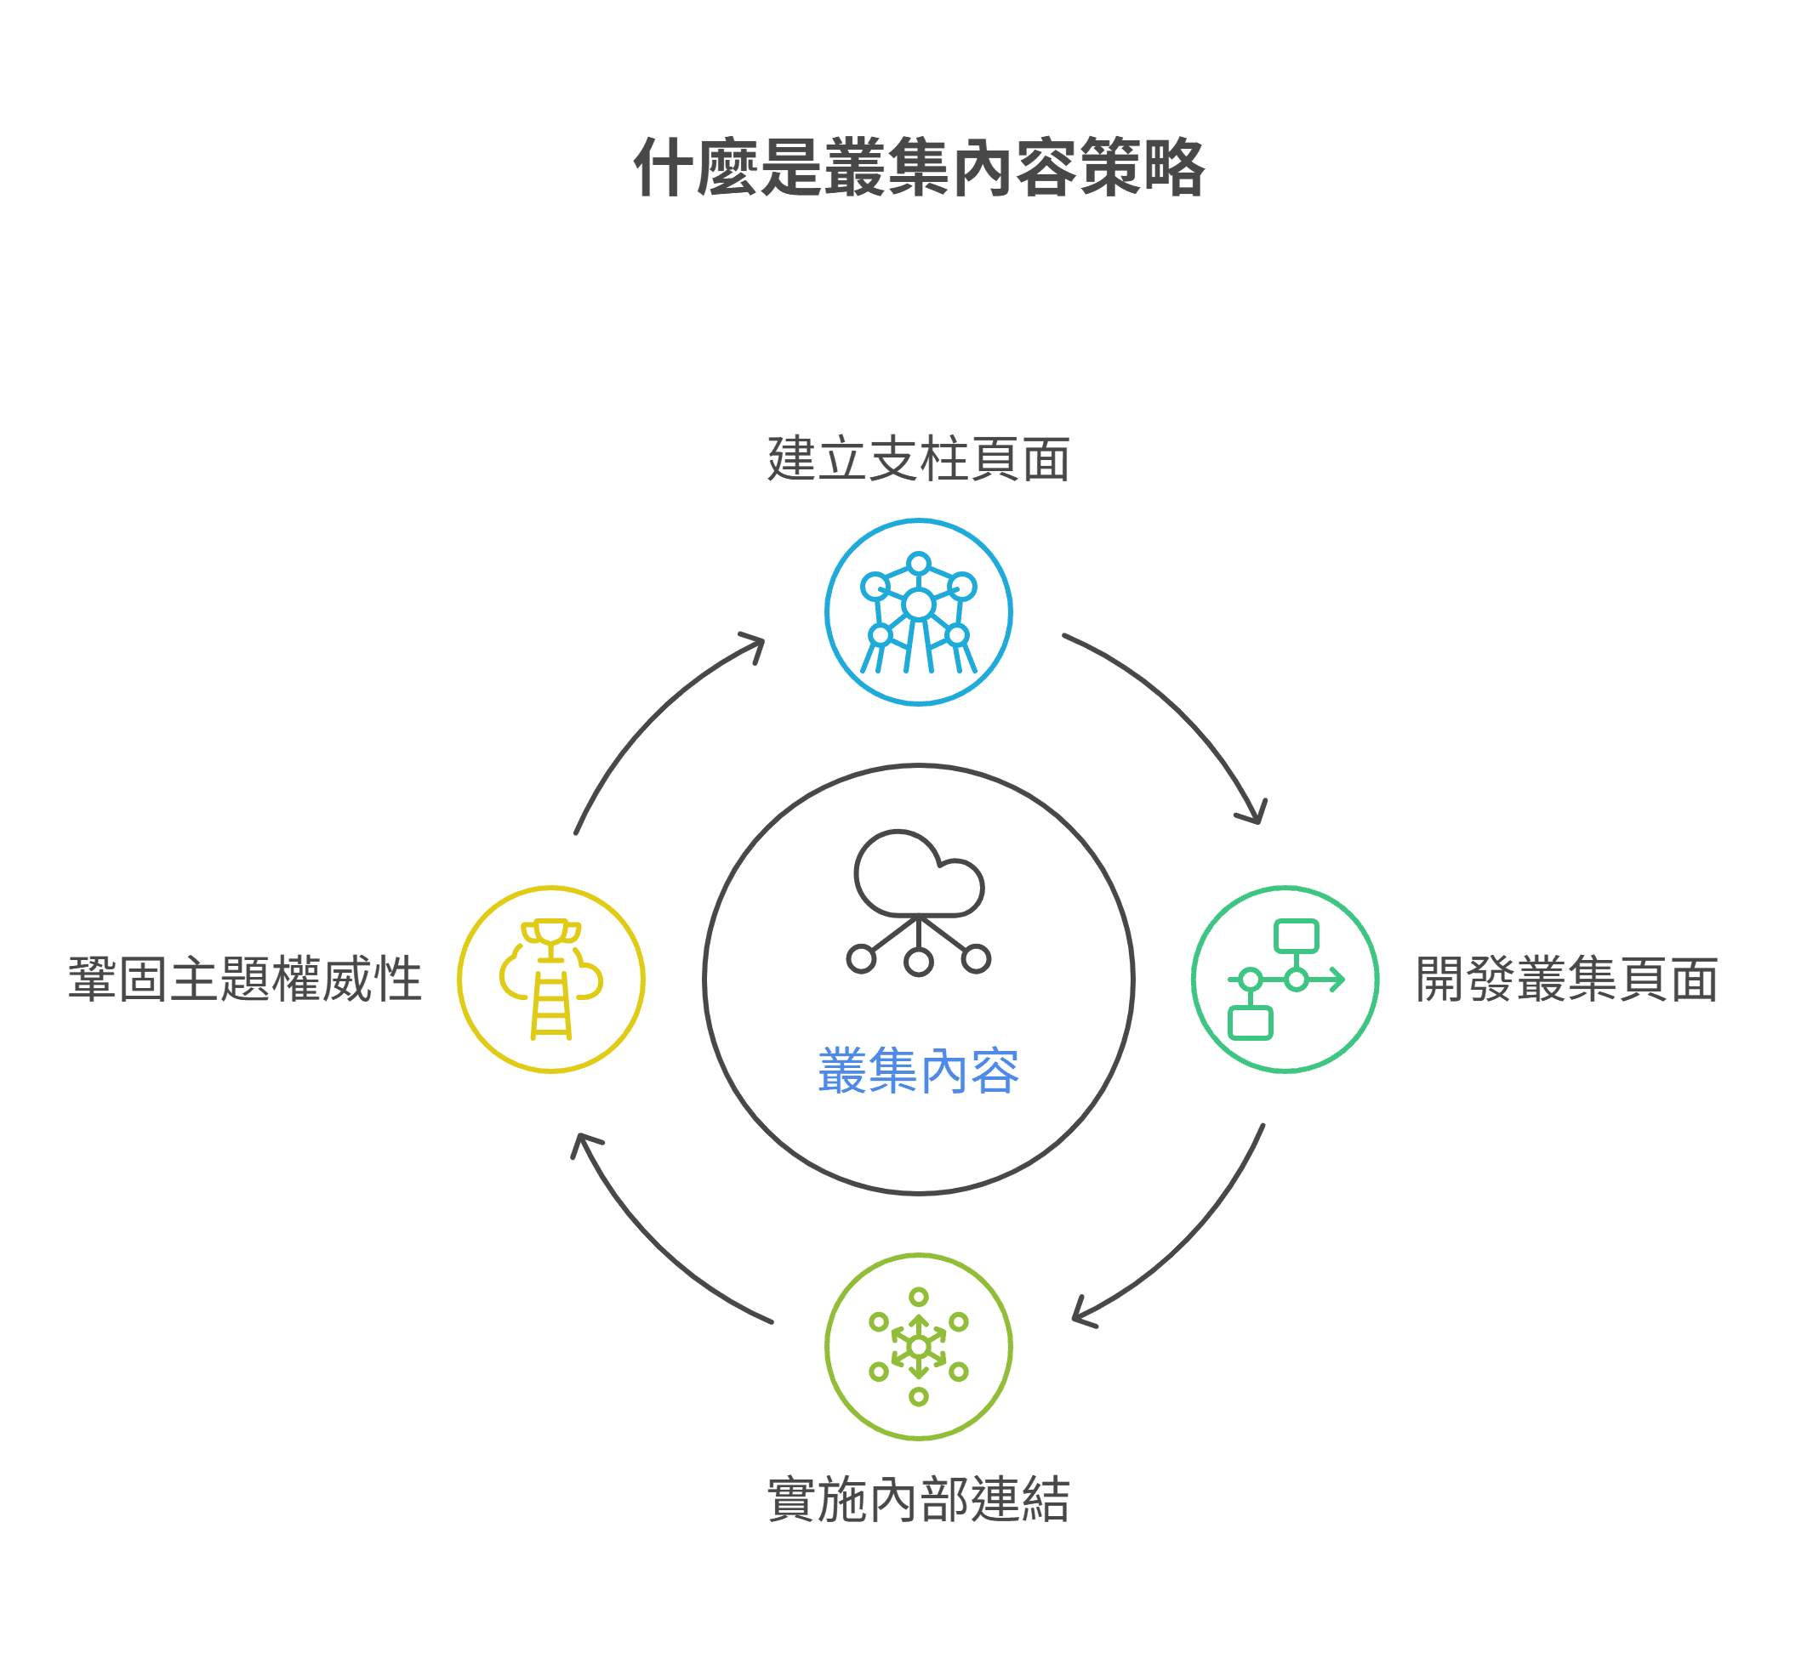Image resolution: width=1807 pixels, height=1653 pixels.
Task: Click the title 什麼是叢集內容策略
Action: (x=918, y=168)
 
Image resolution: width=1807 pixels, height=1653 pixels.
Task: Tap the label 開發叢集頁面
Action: (x=1566, y=980)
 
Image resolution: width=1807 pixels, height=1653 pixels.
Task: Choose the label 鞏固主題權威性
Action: (x=245, y=980)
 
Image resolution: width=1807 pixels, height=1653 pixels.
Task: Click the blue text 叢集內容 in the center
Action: (x=918, y=1071)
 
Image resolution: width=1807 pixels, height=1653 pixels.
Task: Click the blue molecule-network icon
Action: (x=918, y=613)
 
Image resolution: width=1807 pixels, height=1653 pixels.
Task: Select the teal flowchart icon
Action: (x=1285, y=980)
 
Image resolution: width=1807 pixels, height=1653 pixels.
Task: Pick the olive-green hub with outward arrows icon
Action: (x=918, y=1347)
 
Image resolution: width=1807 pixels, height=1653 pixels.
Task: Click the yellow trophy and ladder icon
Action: (x=551, y=980)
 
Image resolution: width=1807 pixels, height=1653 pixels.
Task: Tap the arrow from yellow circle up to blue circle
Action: (x=654, y=717)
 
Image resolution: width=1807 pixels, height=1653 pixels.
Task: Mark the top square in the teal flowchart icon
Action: (x=1296, y=936)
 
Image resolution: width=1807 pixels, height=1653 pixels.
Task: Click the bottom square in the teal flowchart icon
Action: (x=1251, y=1023)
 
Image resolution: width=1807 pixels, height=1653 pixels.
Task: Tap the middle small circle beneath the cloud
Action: (x=919, y=963)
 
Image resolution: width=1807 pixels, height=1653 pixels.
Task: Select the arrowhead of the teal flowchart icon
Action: (x=1337, y=980)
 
